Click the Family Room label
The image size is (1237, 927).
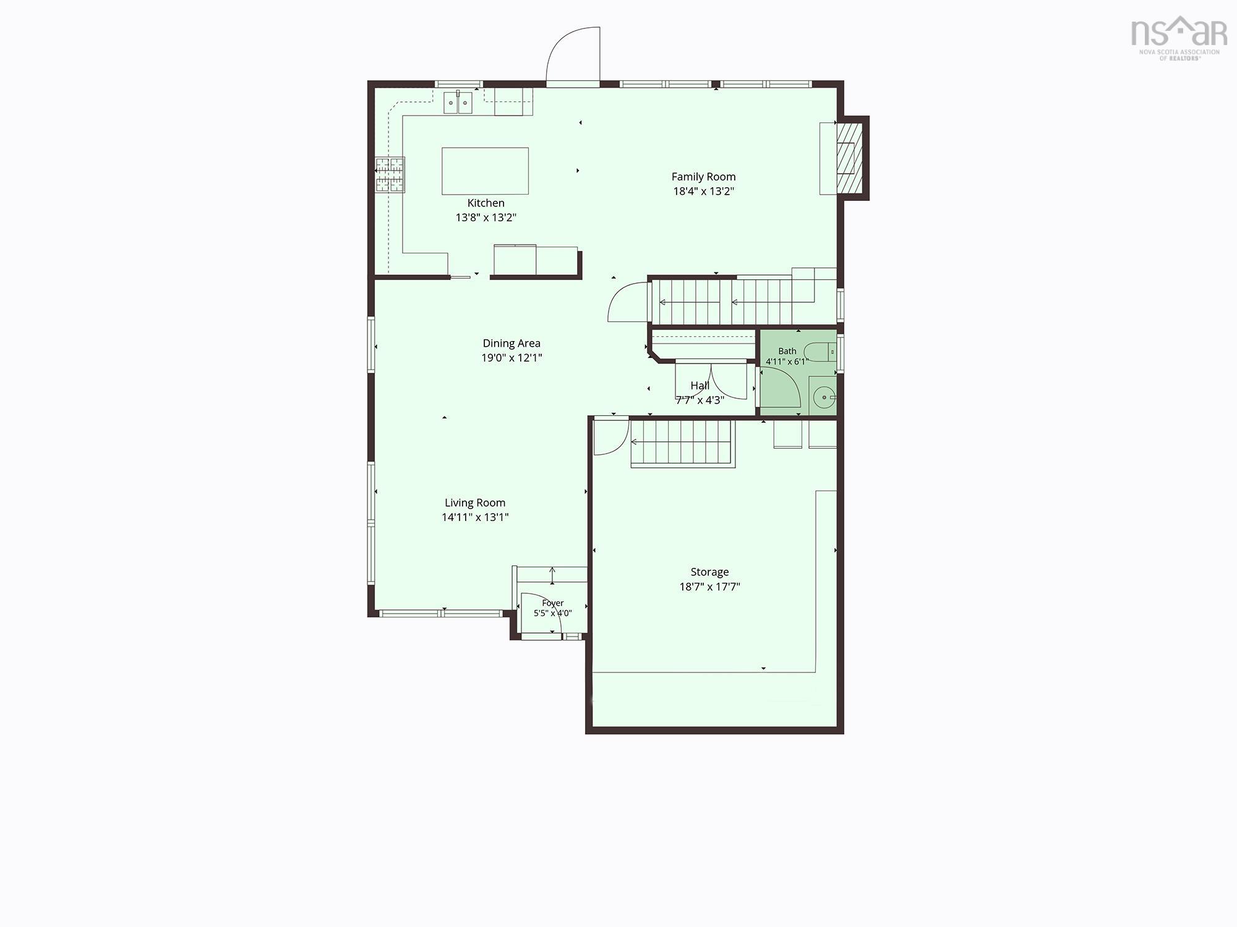coord(703,177)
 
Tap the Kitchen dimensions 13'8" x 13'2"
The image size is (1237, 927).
coord(486,218)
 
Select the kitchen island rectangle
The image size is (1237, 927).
coord(485,171)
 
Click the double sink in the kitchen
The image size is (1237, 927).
coord(458,102)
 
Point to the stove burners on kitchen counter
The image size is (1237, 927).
coord(390,174)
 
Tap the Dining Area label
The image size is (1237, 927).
coord(511,343)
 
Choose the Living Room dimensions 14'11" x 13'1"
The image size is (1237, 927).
coord(475,517)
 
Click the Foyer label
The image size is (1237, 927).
coord(552,603)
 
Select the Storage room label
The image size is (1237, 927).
coord(709,572)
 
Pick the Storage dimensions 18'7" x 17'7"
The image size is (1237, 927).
coord(709,586)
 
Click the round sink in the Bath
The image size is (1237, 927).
coord(823,397)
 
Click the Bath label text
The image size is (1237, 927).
coord(787,351)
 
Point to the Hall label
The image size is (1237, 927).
coord(700,386)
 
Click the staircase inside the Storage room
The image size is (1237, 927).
coord(682,442)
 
